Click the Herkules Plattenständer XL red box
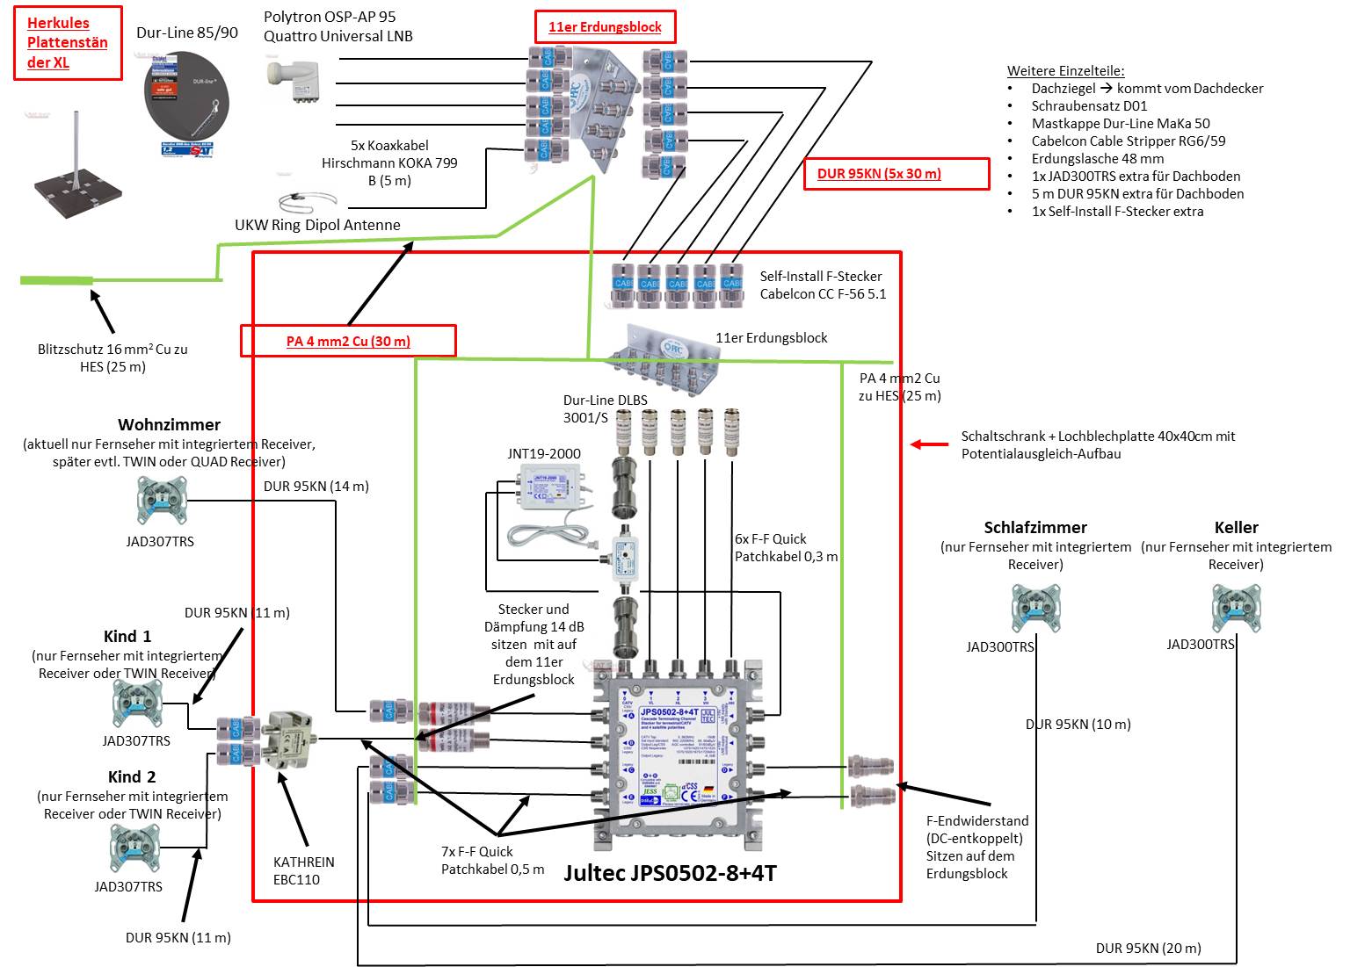[68, 44]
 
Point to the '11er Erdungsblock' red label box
[605, 27]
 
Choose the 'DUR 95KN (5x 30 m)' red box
[879, 173]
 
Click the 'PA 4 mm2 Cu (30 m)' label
[348, 341]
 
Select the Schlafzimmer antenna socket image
[1035, 608]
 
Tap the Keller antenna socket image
[1236, 608]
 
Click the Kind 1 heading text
[128, 636]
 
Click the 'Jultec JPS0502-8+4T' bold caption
[671, 873]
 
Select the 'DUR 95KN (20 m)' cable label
[1148, 948]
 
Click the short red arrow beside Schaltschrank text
[929, 444]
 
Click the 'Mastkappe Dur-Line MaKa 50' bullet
[1121, 123]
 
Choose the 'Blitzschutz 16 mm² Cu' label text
[113, 357]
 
